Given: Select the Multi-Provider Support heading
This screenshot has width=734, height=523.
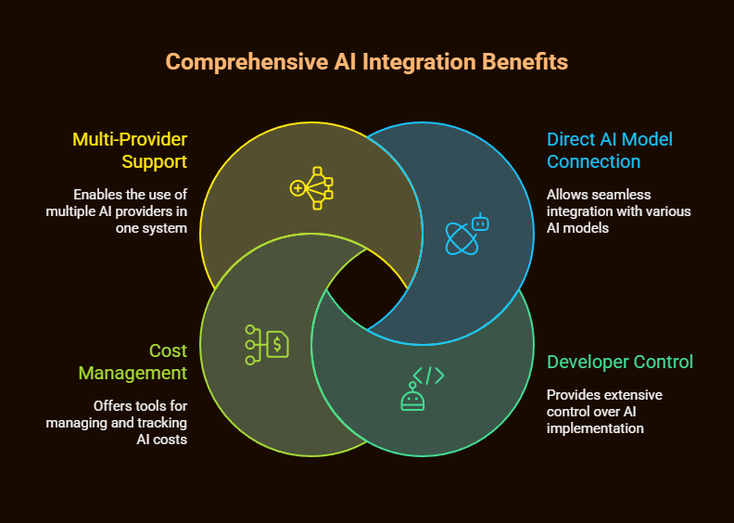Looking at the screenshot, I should pyautogui.click(x=130, y=150).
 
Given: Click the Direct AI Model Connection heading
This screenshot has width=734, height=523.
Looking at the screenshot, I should pyautogui.click(x=609, y=150).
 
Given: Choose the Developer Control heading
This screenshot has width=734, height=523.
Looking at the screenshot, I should pyautogui.click(x=620, y=362).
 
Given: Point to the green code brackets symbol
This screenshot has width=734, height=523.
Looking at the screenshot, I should pyautogui.click(x=428, y=376).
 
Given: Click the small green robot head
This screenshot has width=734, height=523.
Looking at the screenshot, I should pyautogui.click(x=411, y=398).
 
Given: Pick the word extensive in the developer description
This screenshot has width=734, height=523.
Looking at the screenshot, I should pyautogui.click(x=638, y=395).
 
